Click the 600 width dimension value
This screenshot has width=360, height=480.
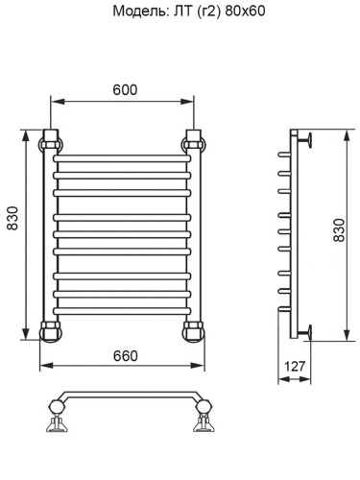coord(124,89)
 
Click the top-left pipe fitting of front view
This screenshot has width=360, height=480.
coord(50,139)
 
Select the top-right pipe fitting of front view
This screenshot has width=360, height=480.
coord(192,139)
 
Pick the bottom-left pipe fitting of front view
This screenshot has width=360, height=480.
coord(50,331)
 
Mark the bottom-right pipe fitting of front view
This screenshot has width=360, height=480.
coord(192,331)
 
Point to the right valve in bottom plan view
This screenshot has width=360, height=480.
coord(204,419)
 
